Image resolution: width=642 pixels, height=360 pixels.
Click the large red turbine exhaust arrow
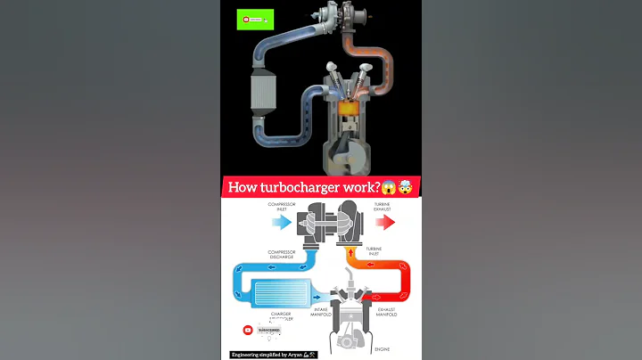tap(385, 222)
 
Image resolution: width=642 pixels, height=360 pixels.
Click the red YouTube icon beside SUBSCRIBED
tap(248, 330)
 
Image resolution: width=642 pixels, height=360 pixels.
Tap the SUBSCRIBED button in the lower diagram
tap(268, 330)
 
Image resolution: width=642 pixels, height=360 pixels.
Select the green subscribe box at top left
tap(253, 18)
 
